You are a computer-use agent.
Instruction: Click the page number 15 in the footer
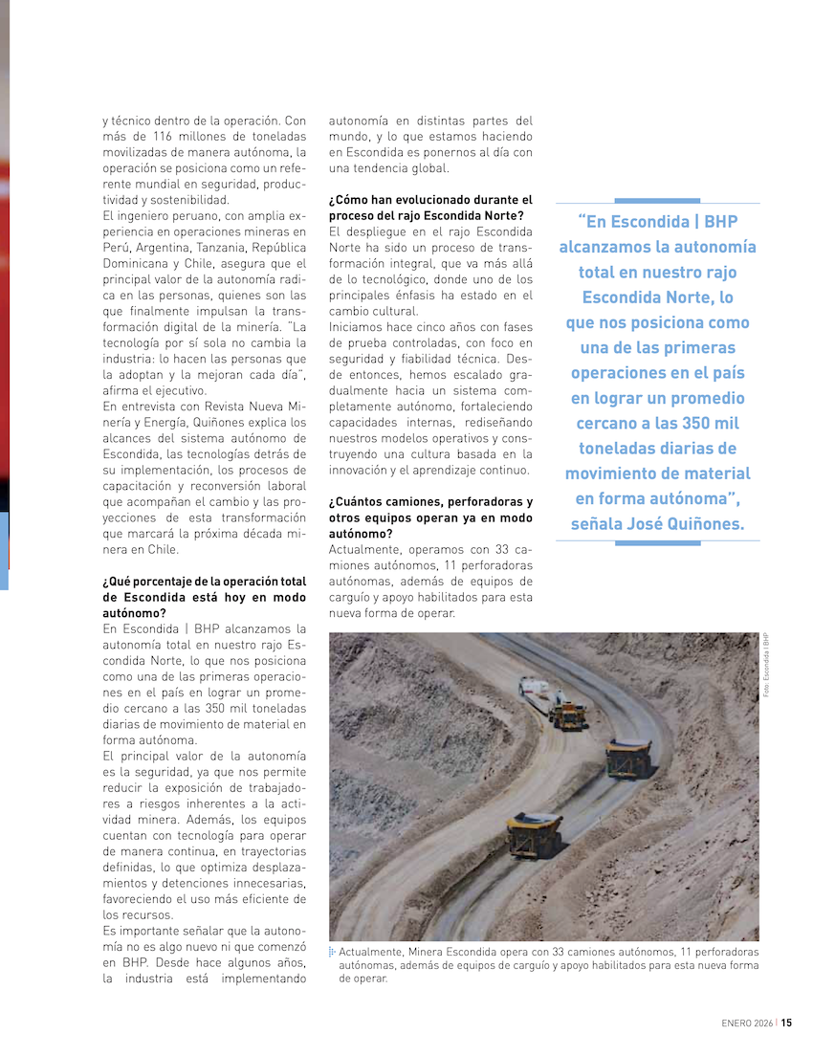pos(786,1022)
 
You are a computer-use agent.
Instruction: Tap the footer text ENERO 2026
pos(746,1022)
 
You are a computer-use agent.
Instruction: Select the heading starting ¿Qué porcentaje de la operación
pos(204,597)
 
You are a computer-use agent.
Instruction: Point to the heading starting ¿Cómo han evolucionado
pos(430,208)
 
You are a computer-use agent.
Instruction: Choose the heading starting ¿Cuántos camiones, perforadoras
pos(430,517)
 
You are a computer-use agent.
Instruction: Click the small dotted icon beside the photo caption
pos(332,953)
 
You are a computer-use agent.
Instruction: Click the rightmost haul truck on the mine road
pos(628,758)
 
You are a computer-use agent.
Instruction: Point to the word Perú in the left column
pos(117,246)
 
